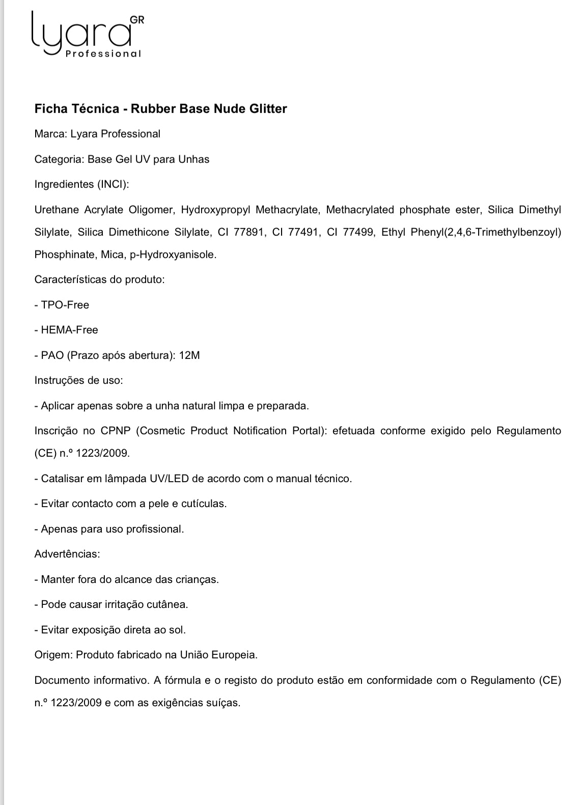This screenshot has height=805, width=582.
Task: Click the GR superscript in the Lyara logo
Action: [x=137, y=20]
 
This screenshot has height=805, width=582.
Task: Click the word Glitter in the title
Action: [x=268, y=108]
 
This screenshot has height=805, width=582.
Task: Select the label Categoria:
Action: [x=60, y=159]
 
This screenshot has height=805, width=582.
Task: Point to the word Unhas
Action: [x=193, y=159]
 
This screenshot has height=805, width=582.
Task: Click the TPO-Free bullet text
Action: [x=65, y=305]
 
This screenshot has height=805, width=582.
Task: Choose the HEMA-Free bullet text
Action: [x=69, y=330]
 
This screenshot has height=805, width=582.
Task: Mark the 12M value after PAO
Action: [x=189, y=355]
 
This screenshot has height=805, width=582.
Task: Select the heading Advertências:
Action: [x=67, y=554]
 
